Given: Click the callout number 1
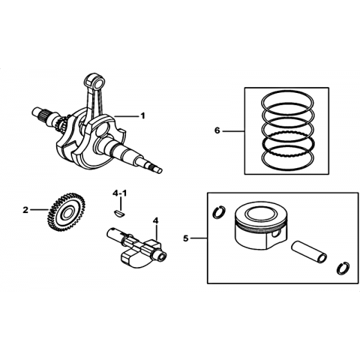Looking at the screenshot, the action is (142, 116).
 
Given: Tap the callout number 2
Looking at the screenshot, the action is (25, 210).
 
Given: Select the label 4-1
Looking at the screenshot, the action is (120, 193).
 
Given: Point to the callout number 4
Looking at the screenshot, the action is (156, 220).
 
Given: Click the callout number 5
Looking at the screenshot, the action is (185, 238).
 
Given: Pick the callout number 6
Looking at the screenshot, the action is (217, 130).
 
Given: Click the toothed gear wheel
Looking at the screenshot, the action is (66, 212).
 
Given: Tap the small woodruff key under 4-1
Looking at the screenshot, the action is (120, 213).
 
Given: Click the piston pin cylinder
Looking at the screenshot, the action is (309, 251).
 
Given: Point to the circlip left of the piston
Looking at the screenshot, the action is (219, 212).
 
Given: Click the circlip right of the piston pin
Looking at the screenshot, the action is (343, 268).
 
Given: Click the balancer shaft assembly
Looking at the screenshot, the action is (137, 247).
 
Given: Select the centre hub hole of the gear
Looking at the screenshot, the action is (67, 213).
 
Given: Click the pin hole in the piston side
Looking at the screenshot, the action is (276, 234).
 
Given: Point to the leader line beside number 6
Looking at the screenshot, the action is (233, 131).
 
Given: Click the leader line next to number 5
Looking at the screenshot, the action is (199, 238).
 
